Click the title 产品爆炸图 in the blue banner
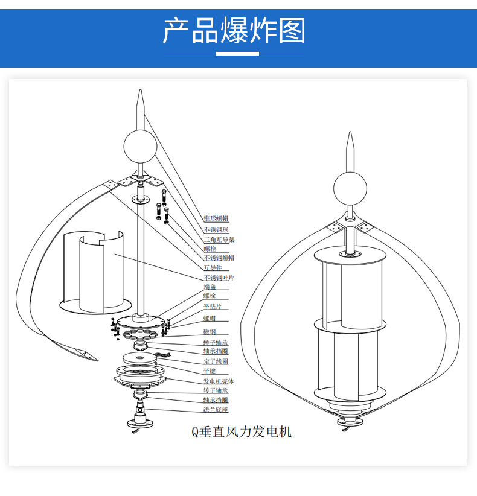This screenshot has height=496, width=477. click(234, 31)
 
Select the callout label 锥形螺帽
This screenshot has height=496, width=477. click(216, 218)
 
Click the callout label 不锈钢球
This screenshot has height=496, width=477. click(216, 230)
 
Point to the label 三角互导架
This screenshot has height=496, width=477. click(218, 240)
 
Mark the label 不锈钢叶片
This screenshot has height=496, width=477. click(218, 278)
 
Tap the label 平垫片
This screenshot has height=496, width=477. click(211, 307)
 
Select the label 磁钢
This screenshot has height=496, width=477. click(209, 332)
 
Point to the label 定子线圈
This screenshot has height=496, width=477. click(216, 361)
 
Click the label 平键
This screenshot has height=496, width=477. click(209, 371)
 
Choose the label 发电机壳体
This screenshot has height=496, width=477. click(218, 381)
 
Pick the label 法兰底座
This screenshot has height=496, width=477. click(216, 410)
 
